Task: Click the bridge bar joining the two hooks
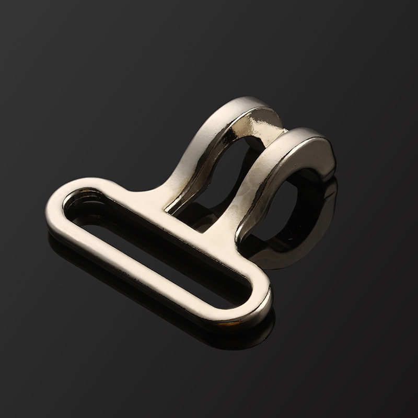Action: [x=266, y=125]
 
